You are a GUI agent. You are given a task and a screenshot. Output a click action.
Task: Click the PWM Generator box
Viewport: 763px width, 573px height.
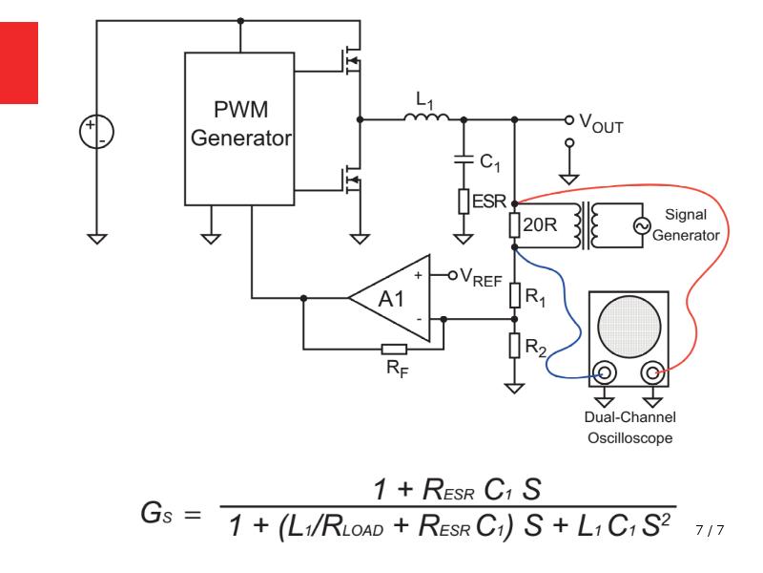tap(239, 129)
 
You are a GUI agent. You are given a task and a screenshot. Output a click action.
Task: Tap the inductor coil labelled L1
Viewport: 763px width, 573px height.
tap(426, 117)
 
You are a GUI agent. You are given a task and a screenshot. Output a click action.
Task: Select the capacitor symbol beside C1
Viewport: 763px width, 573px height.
tap(464, 159)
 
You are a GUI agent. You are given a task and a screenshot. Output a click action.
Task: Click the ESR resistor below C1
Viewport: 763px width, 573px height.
tap(464, 202)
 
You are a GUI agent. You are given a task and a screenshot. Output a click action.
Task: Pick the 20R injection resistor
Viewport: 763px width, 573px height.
tap(514, 225)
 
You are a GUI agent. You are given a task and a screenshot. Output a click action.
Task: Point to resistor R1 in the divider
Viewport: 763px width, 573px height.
tap(515, 295)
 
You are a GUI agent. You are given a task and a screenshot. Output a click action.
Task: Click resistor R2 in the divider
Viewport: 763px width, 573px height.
tap(515, 346)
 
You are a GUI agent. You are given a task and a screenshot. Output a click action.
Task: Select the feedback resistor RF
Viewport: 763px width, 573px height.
tap(394, 349)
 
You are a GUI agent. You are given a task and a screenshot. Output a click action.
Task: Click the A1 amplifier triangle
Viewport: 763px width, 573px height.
tap(389, 298)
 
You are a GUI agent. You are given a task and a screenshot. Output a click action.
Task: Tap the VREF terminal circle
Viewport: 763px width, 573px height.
tap(452, 276)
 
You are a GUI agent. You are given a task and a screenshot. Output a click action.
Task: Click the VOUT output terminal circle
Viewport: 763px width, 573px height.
tap(568, 120)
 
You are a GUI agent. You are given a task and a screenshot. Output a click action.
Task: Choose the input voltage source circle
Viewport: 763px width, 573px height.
tap(97, 132)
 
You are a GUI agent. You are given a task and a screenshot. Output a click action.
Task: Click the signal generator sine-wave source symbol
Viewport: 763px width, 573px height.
tap(642, 225)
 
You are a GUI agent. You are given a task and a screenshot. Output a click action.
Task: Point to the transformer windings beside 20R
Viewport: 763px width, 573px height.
tap(587, 225)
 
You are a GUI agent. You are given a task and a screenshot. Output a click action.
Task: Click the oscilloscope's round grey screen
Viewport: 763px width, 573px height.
tap(629, 327)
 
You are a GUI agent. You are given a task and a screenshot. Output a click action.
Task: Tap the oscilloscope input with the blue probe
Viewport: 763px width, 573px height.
tap(605, 373)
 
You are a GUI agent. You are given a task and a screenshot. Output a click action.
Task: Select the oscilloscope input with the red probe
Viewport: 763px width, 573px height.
tap(652, 373)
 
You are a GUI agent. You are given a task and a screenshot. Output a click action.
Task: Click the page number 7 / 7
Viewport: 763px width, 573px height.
tap(710, 530)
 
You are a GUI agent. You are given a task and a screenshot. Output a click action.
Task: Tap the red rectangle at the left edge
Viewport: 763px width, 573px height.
tap(19, 63)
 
